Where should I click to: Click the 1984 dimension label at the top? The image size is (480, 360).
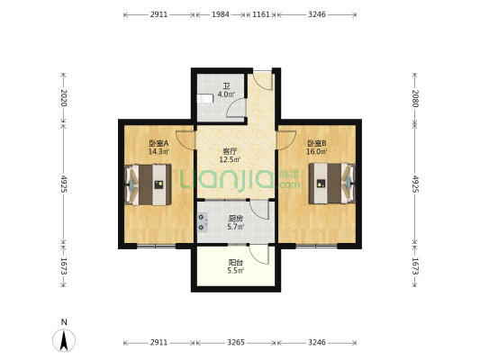tap(221, 14)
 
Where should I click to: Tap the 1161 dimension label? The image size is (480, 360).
tap(261, 14)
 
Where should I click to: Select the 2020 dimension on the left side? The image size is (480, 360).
tap(63, 97)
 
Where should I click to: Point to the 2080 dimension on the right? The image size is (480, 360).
tap(415, 98)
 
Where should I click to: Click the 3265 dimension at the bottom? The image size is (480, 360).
tap(236, 342)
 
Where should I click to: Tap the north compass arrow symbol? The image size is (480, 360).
tap(64, 340)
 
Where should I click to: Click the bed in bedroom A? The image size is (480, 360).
tap(149, 184)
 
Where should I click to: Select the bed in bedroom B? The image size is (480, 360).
tap(331, 184)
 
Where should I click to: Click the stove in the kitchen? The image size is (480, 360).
tap(202, 222)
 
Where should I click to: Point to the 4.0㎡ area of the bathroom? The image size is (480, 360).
tap(226, 94)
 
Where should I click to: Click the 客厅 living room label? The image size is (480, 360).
tap(230, 151)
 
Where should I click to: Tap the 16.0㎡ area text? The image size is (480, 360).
tap(317, 151)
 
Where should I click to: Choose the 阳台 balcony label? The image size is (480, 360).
tap(236, 263)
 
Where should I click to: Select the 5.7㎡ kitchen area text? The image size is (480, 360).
tap(236, 227)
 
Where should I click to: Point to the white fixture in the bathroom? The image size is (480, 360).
tap(204, 99)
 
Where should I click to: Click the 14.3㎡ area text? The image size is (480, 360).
tap(158, 151)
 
